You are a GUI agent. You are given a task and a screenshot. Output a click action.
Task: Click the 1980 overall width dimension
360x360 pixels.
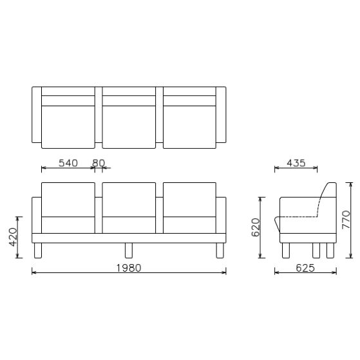(128, 267)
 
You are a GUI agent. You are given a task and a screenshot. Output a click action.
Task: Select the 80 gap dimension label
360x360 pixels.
(98, 163)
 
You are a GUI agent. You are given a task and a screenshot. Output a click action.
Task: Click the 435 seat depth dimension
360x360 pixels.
(296, 163)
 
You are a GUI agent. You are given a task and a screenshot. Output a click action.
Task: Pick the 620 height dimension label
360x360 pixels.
(256, 227)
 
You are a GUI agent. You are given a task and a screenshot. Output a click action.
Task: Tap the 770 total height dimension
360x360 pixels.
(346, 220)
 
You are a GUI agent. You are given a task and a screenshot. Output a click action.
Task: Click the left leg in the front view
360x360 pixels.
(38, 251)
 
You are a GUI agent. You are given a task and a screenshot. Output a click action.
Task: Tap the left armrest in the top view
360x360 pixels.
(37, 115)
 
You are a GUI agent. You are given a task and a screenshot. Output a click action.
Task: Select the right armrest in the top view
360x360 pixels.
(222, 115)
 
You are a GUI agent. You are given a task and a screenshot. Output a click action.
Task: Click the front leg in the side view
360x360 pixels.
(285, 251)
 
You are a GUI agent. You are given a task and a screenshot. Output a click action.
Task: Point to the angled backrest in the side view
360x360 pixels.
(327, 196)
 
